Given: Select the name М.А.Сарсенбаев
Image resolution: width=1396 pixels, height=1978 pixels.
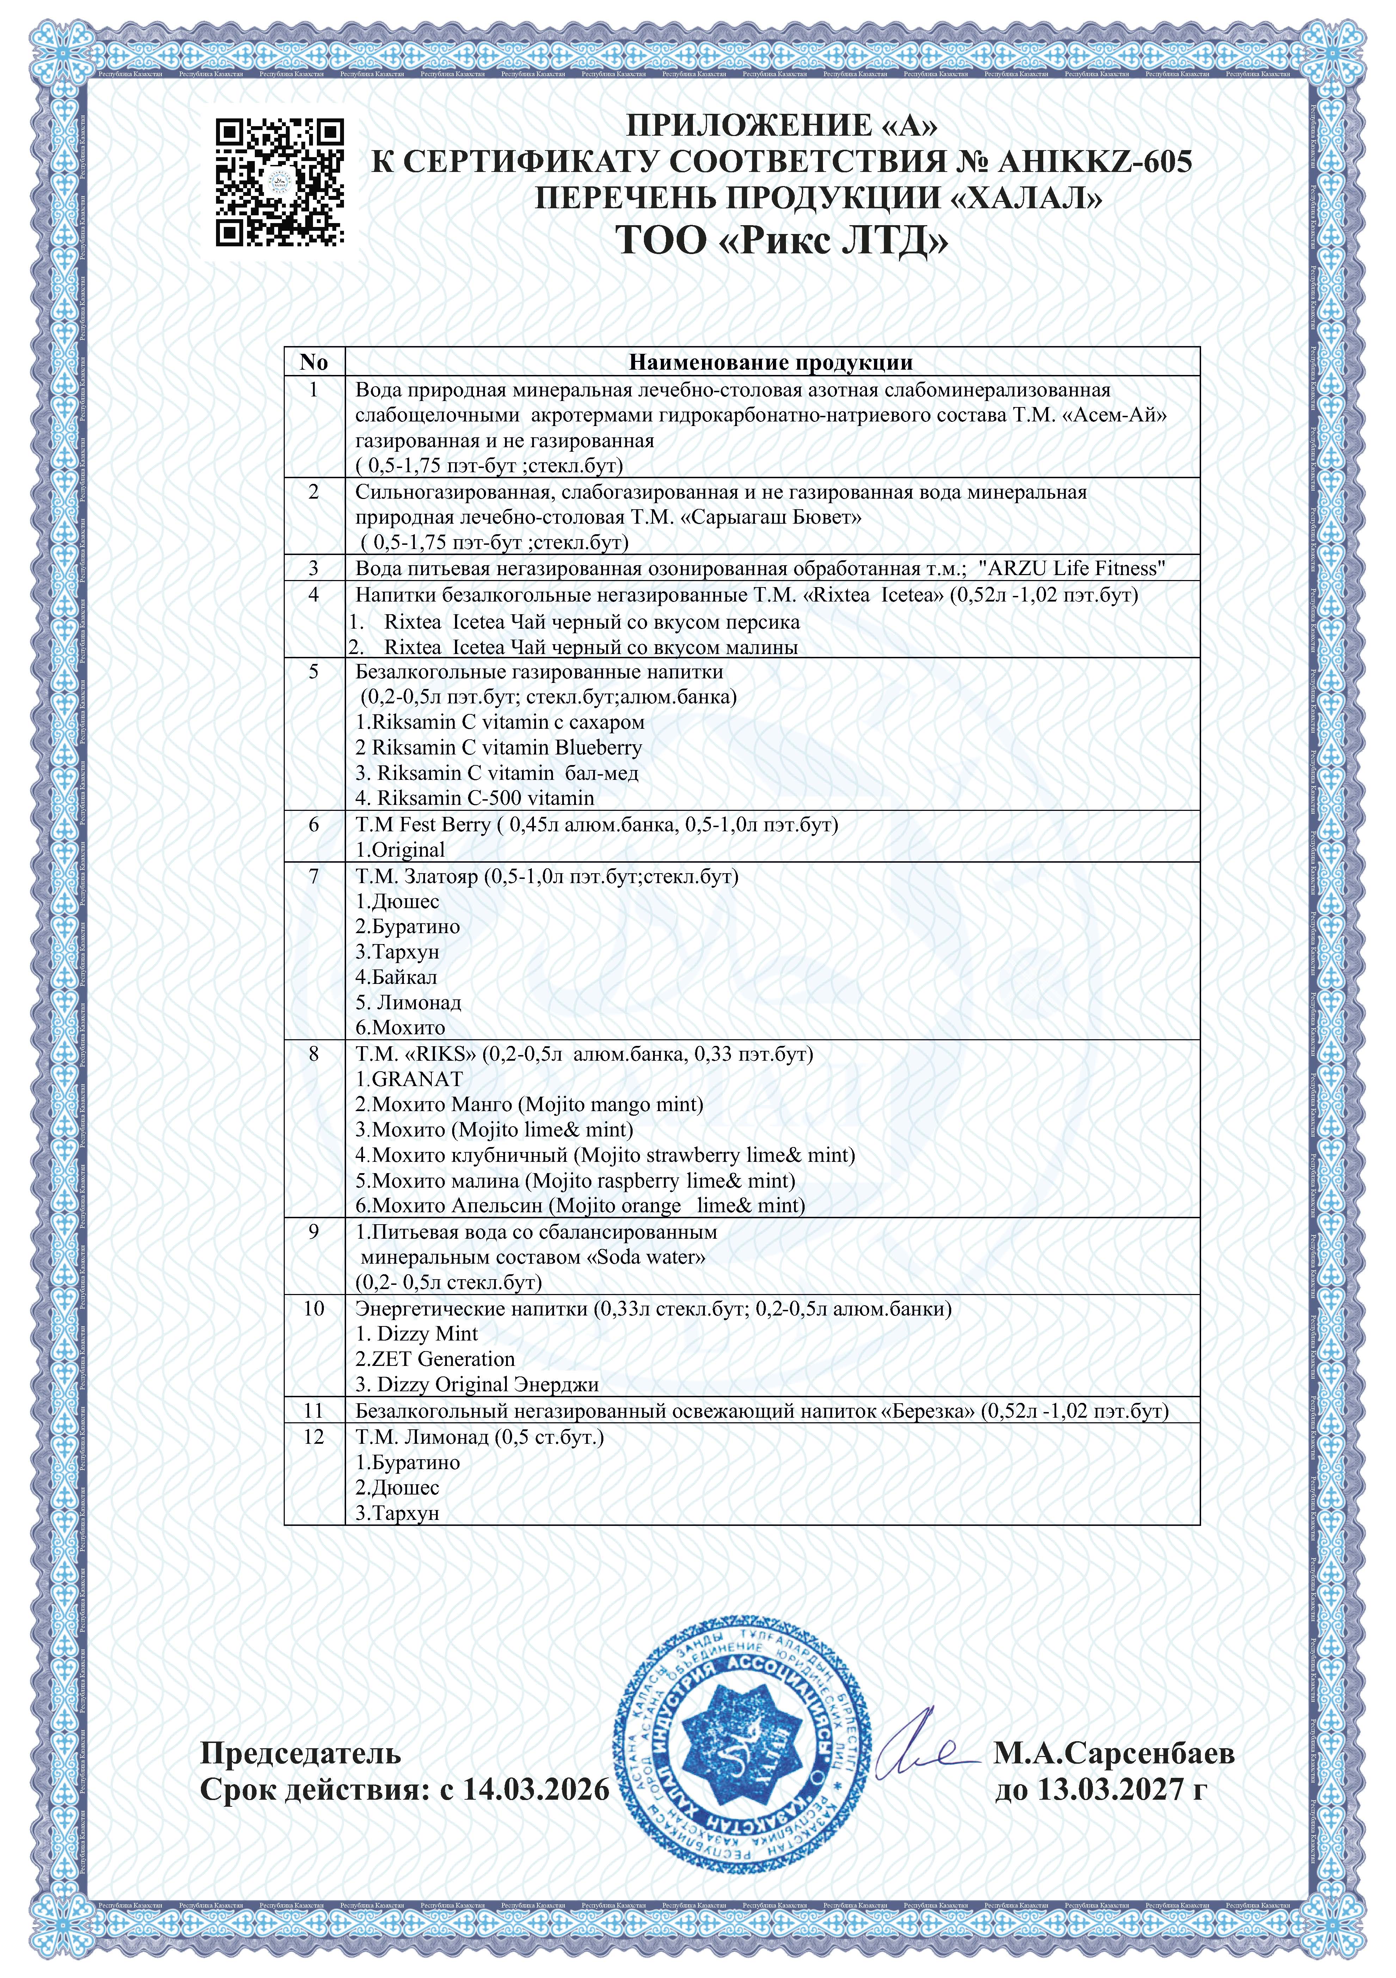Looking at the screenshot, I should pyautogui.click(x=1113, y=1729).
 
